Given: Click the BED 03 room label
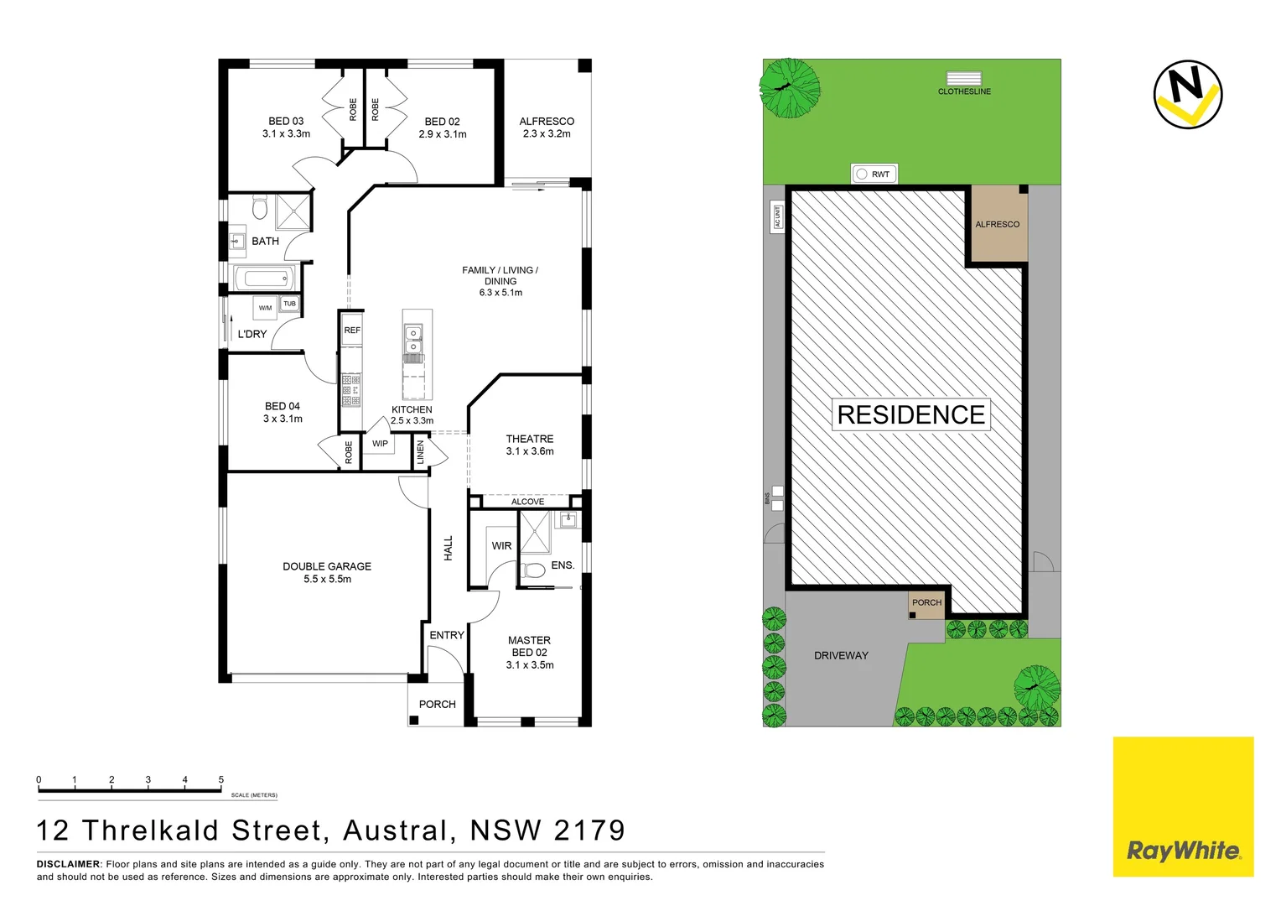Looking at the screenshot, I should pyautogui.click(x=286, y=122).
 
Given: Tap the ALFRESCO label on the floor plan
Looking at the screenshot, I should pyautogui.click(x=547, y=122).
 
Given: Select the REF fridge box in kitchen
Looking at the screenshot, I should pyautogui.click(x=352, y=331).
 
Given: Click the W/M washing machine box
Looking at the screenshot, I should pyautogui.click(x=265, y=308).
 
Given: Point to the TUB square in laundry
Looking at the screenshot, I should pyautogui.click(x=289, y=304).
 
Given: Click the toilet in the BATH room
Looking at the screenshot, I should pyautogui.click(x=259, y=206).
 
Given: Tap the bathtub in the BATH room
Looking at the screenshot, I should pyautogui.click(x=263, y=278).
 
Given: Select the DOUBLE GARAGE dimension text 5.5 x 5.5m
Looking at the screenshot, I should pyautogui.click(x=327, y=580).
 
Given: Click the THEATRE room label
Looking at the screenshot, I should pyautogui.click(x=530, y=439).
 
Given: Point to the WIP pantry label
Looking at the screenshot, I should pyautogui.click(x=380, y=444).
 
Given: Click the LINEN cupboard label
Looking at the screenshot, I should pyautogui.click(x=421, y=453).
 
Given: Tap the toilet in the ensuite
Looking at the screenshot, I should pyautogui.click(x=533, y=571).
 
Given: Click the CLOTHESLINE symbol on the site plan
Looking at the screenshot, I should pyautogui.click(x=964, y=79).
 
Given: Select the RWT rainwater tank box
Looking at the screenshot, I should pyautogui.click(x=874, y=174).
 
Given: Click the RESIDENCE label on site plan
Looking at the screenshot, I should pyautogui.click(x=911, y=414).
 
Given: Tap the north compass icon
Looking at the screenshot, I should pyautogui.click(x=1187, y=94).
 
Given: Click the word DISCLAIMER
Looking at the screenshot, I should pyautogui.click(x=68, y=864).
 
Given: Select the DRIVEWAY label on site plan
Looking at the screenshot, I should pyautogui.click(x=841, y=656).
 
